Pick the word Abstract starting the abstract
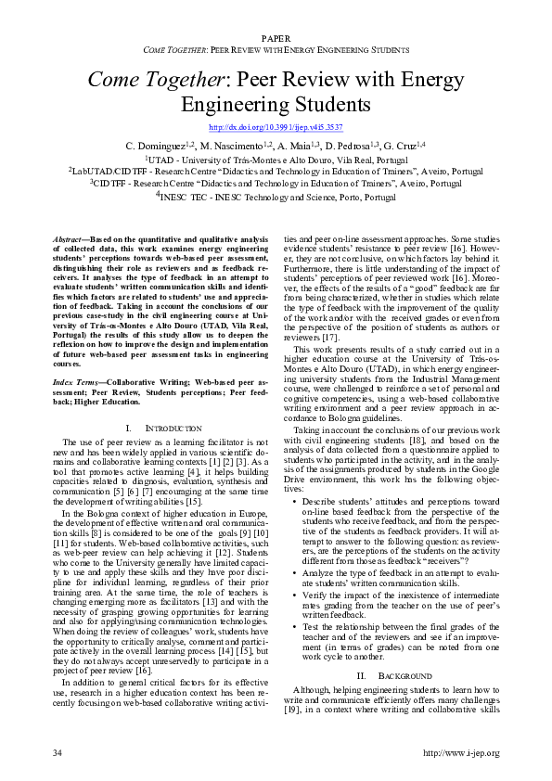tap(68, 239)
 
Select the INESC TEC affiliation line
tap(276, 197)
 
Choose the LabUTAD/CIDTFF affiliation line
tap(276, 171)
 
